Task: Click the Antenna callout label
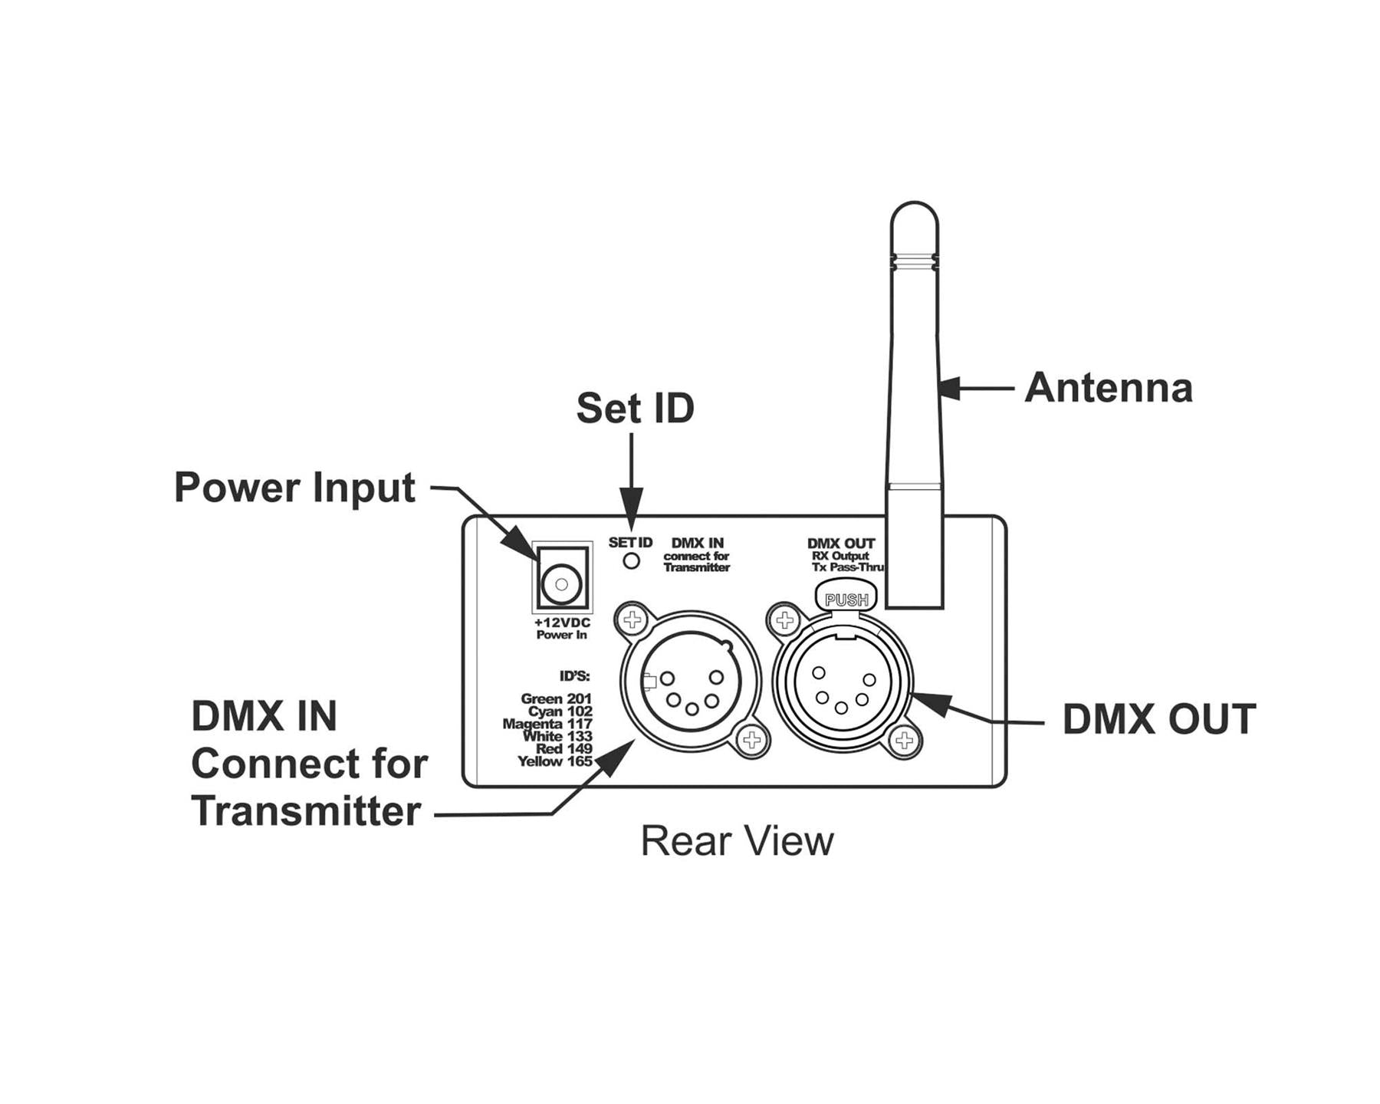[1109, 388]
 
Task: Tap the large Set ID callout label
[635, 408]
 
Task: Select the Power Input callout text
[294, 488]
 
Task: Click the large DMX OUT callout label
[1158, 719]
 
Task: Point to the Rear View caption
[737, 841]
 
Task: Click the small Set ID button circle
[631, 561]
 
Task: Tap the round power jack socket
[561, 585]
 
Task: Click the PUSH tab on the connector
[846, 600]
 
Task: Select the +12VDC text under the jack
[562, 623]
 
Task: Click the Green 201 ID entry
[556, 698]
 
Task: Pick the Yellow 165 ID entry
[554, 761]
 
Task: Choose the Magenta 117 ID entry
[547, 724]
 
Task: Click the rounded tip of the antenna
[914, 215]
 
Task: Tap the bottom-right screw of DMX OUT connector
[905, 741]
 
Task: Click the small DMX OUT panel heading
[841, 544]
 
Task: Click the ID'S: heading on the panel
[574, 676]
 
